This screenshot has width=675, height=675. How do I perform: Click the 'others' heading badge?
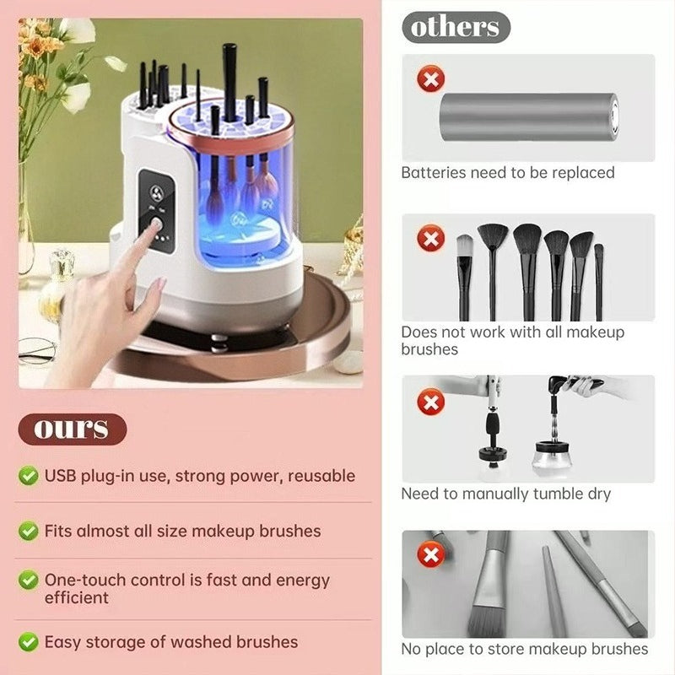pyautogui.click(x=456, y=26)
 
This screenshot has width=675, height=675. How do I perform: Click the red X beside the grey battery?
pyautogui.click(x=432, y=81)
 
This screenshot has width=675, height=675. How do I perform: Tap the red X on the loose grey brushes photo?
pyautogui.click(x=432, y=555)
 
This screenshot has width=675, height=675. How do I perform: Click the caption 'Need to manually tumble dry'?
pyautogui.click(x=506, y=494)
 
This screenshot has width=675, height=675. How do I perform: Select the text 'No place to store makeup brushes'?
pyautogui.click(x=525, y=649)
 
